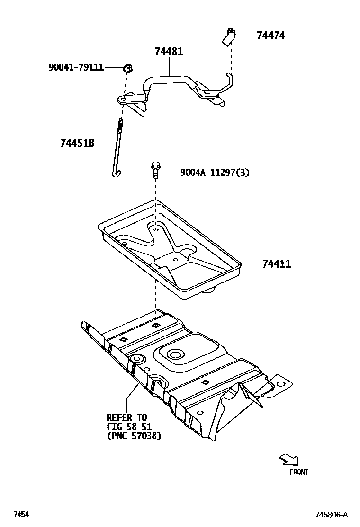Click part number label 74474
pos(270,36)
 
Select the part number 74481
pos(169,51)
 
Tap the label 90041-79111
pos(76,67)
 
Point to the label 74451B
pos(77,143)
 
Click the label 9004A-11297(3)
pos(215,173)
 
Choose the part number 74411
pos(276,264)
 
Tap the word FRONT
pos(298,472)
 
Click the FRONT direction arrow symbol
pos(288,459)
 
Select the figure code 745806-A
pos(332,515)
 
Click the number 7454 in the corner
pos(21,515)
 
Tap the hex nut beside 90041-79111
pos(127,68)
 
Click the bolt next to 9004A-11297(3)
pos(155,170)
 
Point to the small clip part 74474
pos(228,37)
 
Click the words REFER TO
pos(126,418)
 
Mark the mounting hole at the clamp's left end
pos(123,99)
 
